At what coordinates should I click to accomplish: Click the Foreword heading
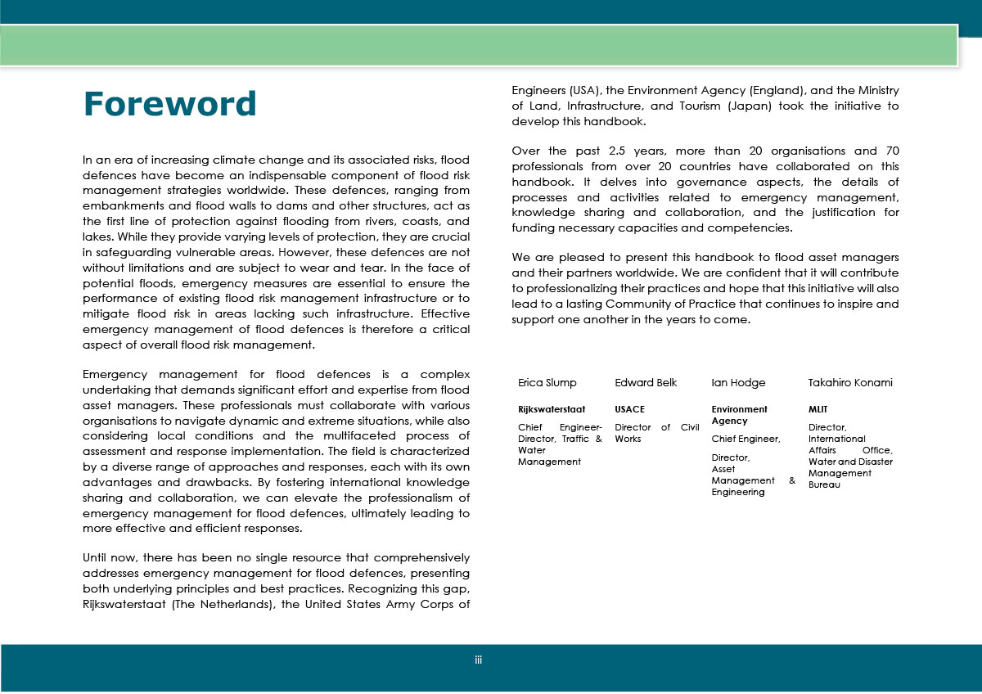point(169,104)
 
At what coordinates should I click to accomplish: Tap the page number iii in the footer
point(479,659)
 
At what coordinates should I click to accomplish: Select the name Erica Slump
point(547,383)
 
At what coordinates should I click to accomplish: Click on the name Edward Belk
point(646,383)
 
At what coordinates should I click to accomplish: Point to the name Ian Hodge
point(738,383)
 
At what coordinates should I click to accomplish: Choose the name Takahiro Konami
point(850,383)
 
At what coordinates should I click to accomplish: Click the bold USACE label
point(629,409)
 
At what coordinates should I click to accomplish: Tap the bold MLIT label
point(818,409)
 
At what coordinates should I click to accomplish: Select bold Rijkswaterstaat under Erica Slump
point(552,409)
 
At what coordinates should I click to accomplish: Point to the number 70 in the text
point(890,151)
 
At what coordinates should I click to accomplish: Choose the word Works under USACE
point(628,439)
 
